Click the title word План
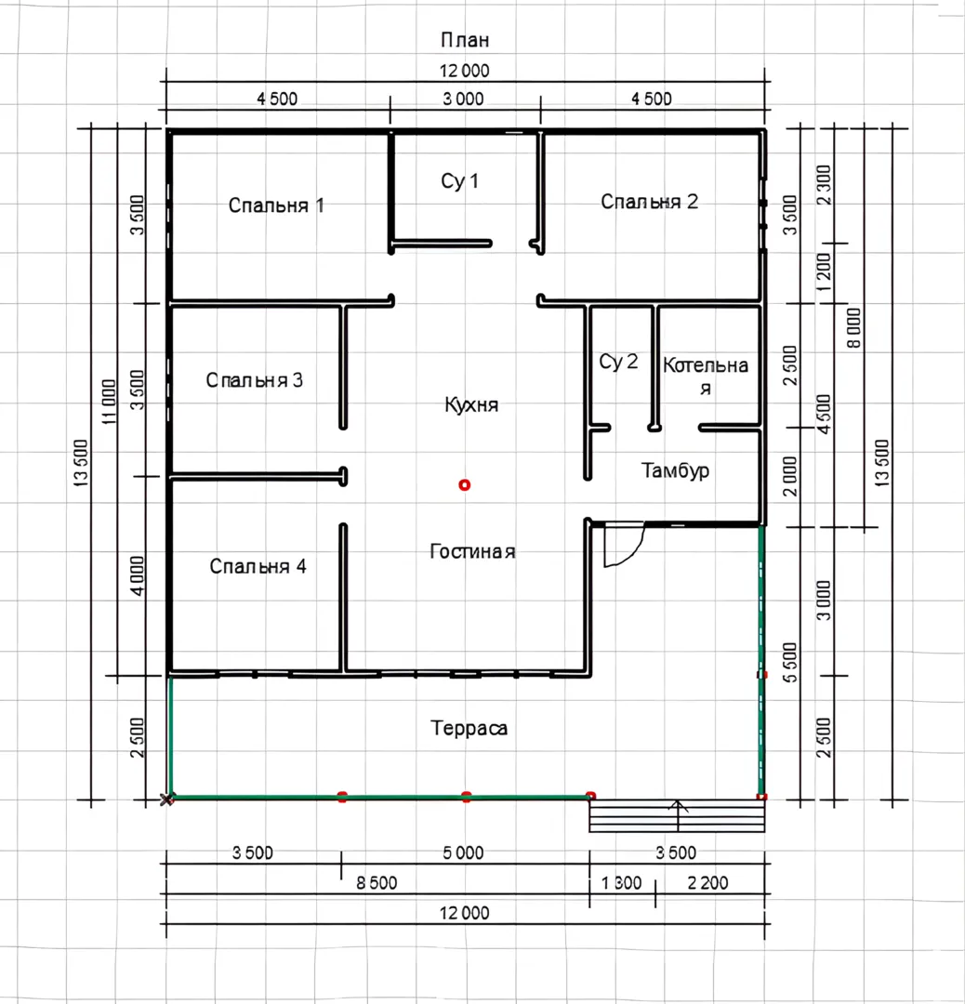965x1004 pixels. tap(465, 40)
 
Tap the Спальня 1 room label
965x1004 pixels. tap(276, 205)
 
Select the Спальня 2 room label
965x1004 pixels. tap(649, 202)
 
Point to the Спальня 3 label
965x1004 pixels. tap(254, 380)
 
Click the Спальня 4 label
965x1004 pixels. tap(258, 566)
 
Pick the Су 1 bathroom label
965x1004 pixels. tap(459, 181)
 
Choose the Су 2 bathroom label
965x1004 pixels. tap(618, 362)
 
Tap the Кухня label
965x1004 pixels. tap(471, 404)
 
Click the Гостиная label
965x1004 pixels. tap(472, 551)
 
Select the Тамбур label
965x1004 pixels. tap(675, 470)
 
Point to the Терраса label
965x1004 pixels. tap(469, 728)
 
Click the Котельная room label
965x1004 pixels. tap(705, 376)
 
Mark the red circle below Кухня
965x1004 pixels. tap(464, 485)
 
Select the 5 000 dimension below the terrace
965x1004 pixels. tap(463, 852)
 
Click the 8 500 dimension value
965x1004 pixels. tap(377, 883)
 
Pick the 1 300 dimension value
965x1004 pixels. tap(621, 883)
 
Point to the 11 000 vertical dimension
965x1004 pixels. tap(109, 403)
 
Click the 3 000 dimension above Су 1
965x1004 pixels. tap(463, 99)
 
